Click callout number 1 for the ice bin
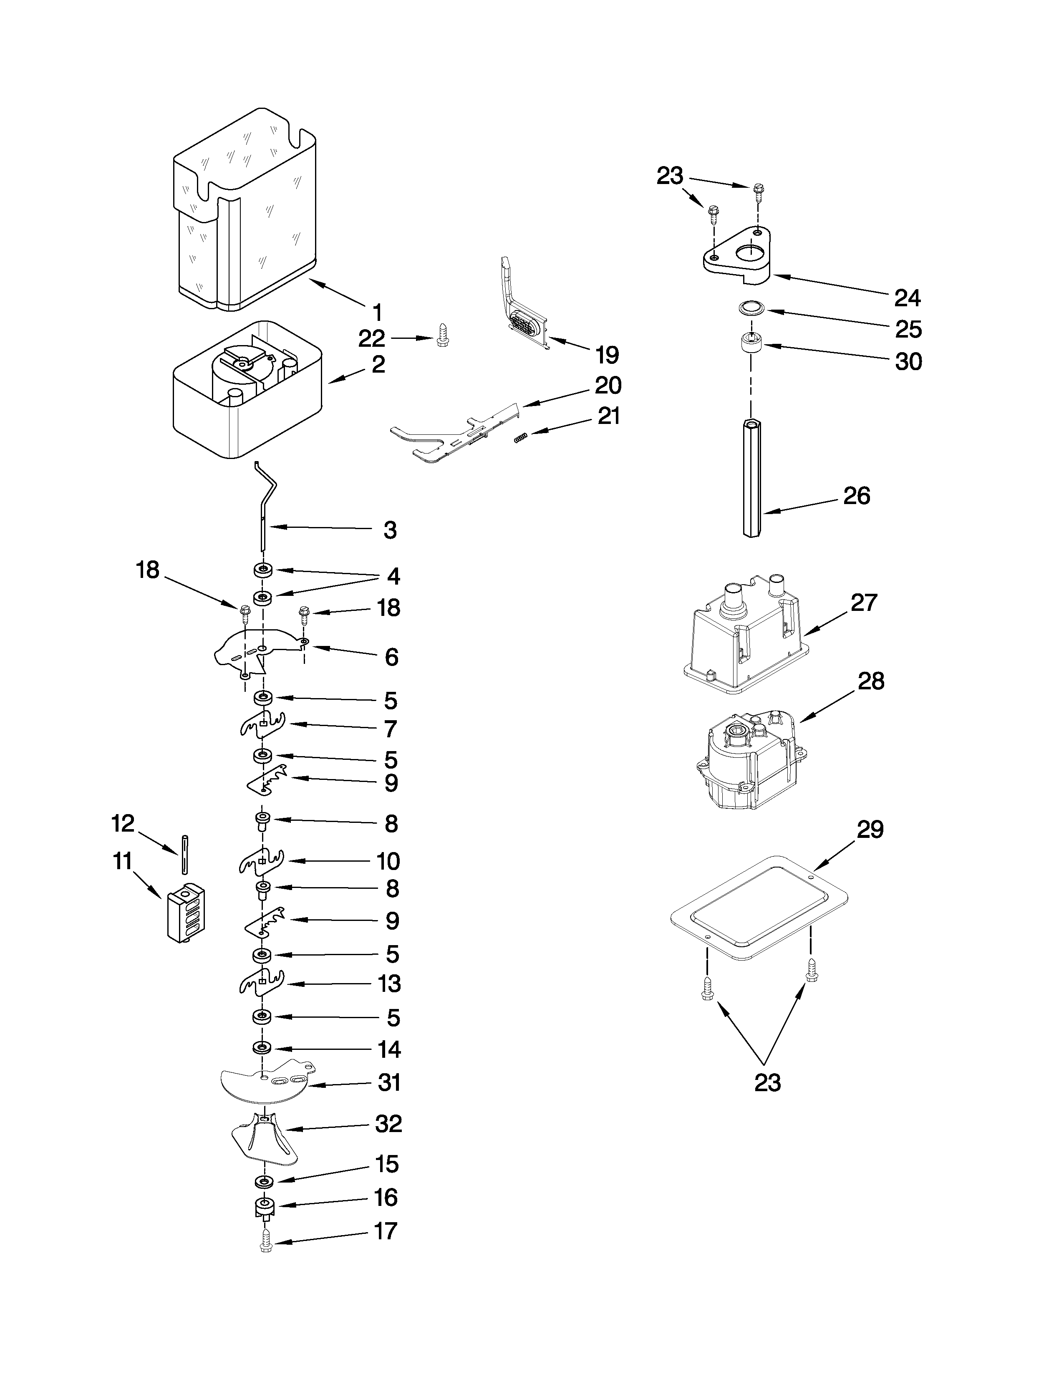click(x=377, y=312)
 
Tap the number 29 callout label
click(x=870, y=830)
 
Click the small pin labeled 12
click(x=184, y=854)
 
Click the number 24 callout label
click(x=907, y=298)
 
